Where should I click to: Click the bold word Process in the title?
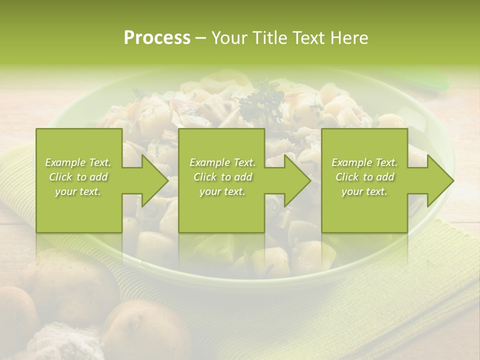pyautogui.click(x=157, y=38)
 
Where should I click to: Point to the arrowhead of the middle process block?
pyautogui.click(x=297, y=180)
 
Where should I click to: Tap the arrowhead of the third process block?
pyautogui.click(x=440, y=180)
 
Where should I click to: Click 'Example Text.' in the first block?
pyautogui.click(x=78, y=162)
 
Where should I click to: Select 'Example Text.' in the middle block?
pyautogui.click(x=222, y=162)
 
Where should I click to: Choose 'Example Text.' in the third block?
pyautogui.click(x=364, y=162)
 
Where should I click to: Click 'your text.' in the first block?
pyautogui.click(x=78, y=191)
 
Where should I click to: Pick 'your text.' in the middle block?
pyautogui.click(x=222, y=191)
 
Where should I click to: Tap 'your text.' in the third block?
pyautogui.click(x=364, y=191)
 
